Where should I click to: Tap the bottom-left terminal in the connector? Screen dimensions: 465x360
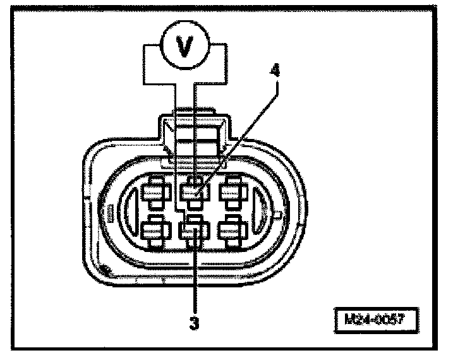point(154,231)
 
